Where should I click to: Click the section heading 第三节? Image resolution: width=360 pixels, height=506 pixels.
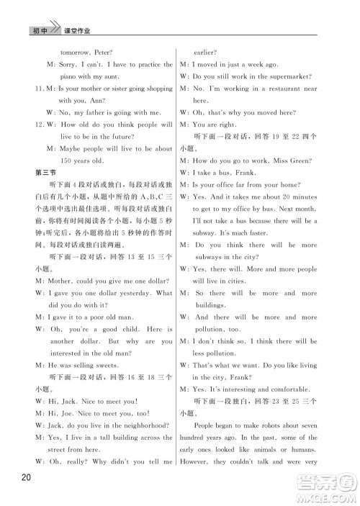45,172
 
